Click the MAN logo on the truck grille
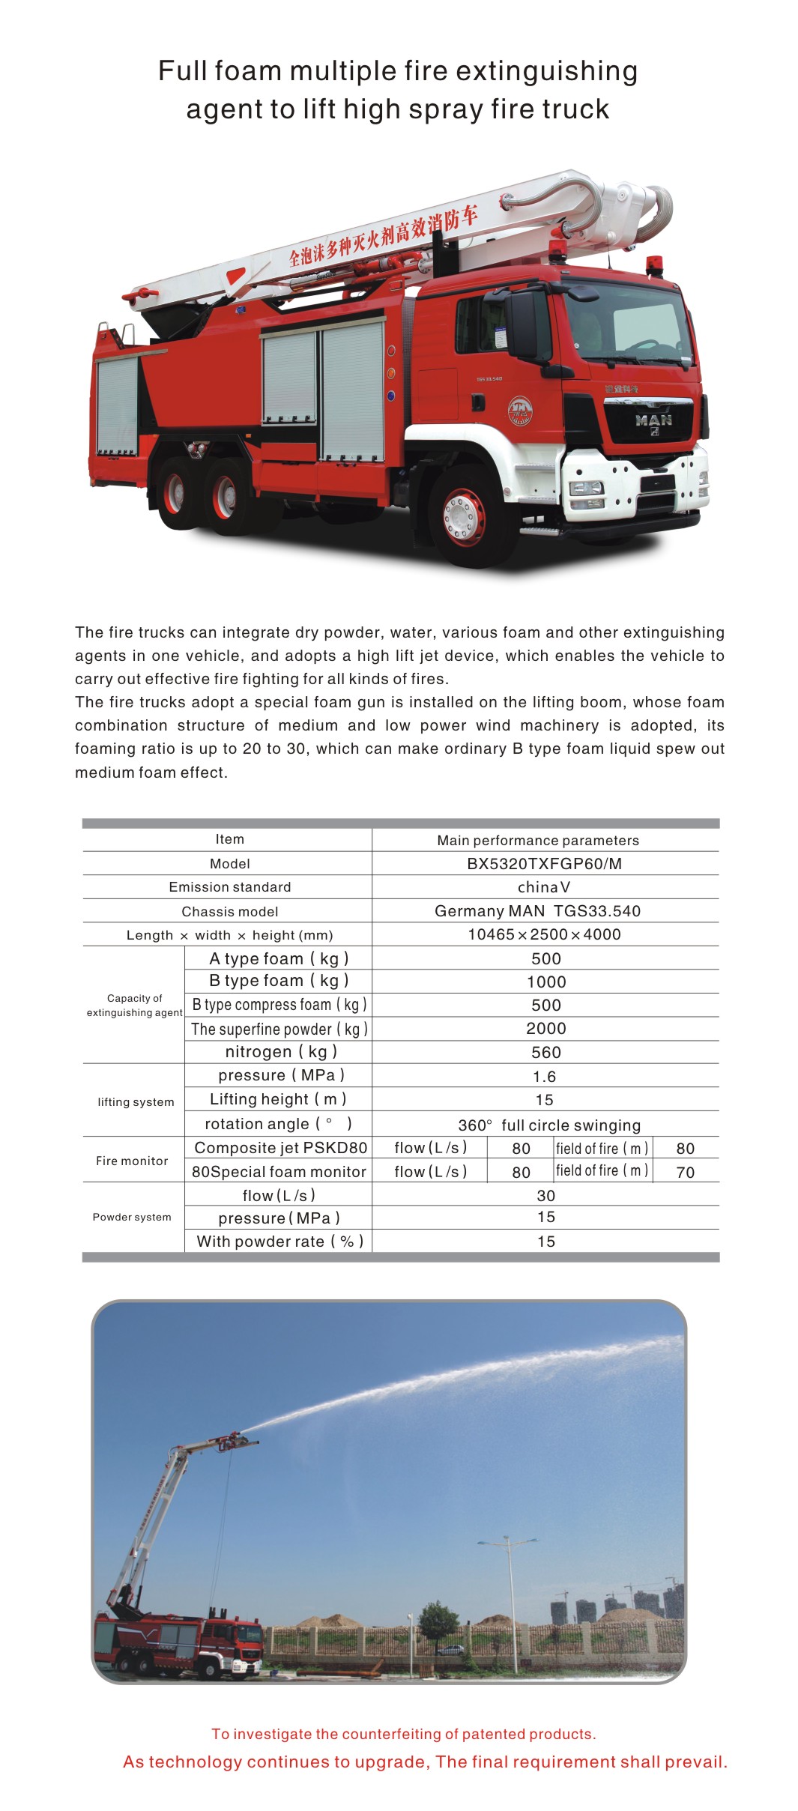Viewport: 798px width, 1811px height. [x=653, y=420]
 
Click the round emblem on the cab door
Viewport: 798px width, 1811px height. [x=519, y=411]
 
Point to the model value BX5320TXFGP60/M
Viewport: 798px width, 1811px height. [x=545, y=863]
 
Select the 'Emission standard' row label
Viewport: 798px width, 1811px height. [x=230, y=887]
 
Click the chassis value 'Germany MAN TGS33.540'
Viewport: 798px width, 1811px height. [x=538, y=911]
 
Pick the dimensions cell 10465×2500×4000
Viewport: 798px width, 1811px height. [x=545, y=934]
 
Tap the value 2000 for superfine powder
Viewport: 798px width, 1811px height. [x=545, y=1029]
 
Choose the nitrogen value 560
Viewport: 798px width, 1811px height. [x=545, y=1052]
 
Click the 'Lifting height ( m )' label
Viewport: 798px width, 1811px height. [x=278, y=1099]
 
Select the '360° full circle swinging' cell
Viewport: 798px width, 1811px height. [x=549, y=1125]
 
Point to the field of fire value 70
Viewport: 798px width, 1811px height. [x=685, y=1172]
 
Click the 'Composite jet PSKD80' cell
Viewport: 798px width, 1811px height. [x=281, y=1148]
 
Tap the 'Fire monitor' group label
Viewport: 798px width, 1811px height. [x=132, y=1161]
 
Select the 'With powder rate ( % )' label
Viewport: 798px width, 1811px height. [x=279, y=1241]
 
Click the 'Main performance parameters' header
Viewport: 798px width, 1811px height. [x=538, y=840]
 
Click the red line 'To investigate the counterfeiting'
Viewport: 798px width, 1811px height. [x=404, y=1734]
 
